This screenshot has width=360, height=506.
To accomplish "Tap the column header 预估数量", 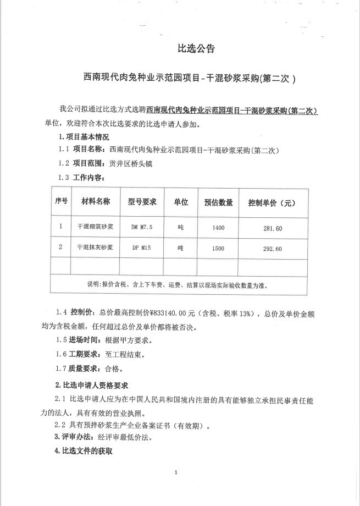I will [x=218, y=202].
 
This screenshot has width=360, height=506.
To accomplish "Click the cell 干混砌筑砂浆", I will [x=95, y=227].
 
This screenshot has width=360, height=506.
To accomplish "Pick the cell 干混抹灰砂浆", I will [x=95, y=248].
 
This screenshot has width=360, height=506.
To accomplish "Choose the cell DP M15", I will [x=142, y=249].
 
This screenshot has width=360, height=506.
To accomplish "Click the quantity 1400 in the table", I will [x=218, y=227].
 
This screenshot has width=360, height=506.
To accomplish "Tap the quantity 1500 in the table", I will [x=218, y=249].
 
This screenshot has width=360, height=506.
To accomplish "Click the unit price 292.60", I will [x=273, y=249].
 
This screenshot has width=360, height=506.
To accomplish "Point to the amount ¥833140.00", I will [x=170, y=313].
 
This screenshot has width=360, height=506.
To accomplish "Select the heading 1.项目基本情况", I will [x=84, y=136].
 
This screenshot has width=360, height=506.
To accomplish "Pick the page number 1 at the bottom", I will [x=176, y=472].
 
